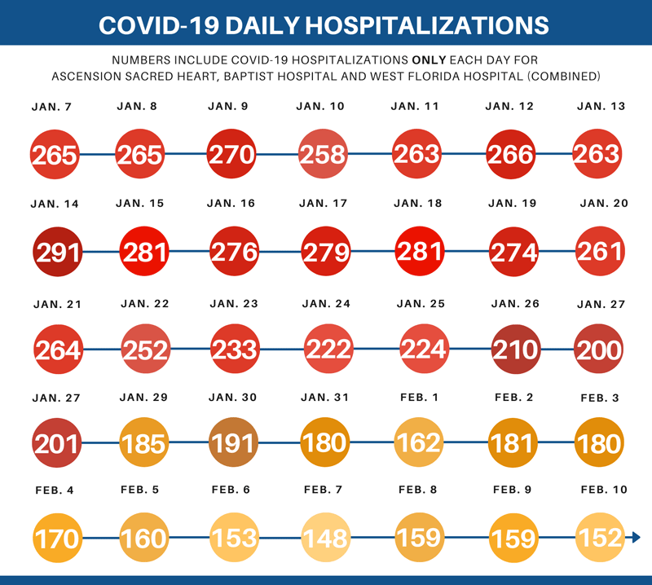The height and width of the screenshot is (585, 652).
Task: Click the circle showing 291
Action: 58,252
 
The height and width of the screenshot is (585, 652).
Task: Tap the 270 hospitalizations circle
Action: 233,154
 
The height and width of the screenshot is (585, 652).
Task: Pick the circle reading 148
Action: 324,538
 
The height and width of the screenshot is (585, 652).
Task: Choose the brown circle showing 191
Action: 233,443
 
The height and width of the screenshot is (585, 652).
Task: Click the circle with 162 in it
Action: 418,443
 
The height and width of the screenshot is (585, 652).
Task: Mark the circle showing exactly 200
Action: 599,349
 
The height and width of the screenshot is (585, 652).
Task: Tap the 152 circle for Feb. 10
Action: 599,538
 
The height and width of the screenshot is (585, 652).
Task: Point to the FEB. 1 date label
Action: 419,398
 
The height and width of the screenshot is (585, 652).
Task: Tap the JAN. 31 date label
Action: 324,398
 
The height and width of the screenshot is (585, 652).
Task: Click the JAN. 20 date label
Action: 604,204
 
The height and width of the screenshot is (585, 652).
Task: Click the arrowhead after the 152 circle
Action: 636,538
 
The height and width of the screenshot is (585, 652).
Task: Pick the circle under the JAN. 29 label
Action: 144,443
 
